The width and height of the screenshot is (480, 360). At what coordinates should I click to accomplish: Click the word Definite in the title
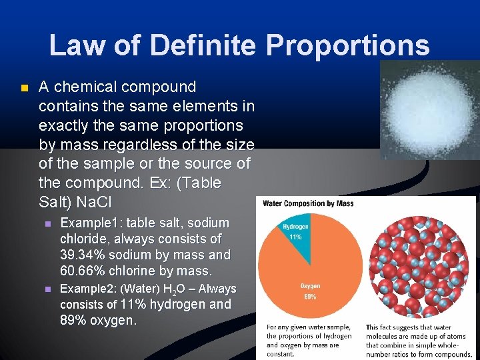[x=204, y=46]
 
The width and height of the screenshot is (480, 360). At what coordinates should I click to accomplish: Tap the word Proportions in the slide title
[x=347, y=46]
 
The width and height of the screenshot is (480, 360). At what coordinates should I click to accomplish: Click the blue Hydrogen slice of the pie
[x=297, y=240]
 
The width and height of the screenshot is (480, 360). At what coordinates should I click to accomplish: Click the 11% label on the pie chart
[x=295, y=237]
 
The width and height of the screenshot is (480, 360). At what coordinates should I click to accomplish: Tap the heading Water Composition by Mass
[x=307, y=203]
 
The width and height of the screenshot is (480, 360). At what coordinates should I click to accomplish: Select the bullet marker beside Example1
[x=47, y=223]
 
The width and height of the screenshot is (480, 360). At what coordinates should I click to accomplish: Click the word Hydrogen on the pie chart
[x=295, y=227]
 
